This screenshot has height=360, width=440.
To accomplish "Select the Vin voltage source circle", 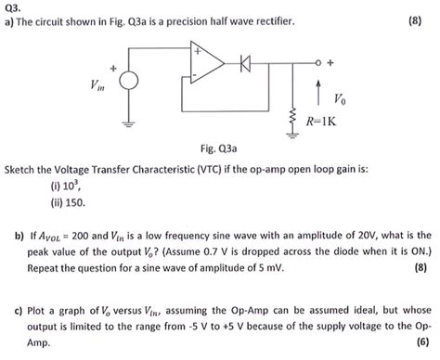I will [129, 82].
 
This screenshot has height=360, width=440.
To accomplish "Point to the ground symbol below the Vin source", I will [129, 122].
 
